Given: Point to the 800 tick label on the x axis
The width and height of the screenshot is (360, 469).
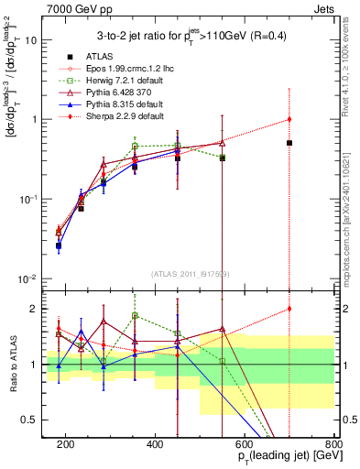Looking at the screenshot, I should [334, 445].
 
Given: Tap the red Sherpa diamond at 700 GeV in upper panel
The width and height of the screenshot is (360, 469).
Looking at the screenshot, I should [289, 119].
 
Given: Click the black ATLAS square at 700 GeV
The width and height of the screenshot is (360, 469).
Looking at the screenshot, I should [289, 143].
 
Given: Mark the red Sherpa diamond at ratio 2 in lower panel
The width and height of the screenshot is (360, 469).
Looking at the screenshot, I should [289, 309].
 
